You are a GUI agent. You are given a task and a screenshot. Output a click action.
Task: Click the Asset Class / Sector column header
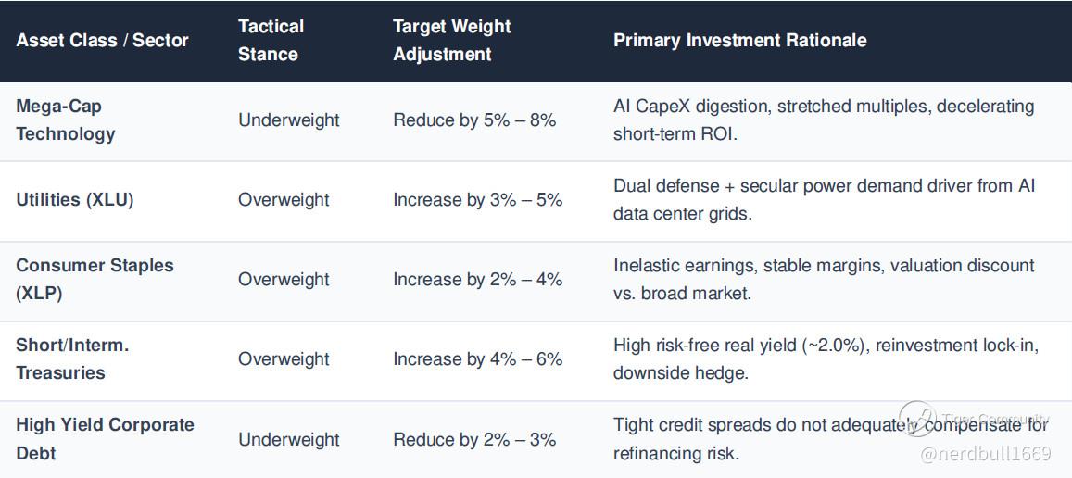click(x=102, y=40)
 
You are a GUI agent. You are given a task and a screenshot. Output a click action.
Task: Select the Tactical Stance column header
click(x=271, y=40)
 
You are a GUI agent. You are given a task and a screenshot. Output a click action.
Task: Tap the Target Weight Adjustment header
click(x=451, y=40)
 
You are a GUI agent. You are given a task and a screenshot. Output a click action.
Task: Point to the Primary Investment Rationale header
click(x=739, y=40)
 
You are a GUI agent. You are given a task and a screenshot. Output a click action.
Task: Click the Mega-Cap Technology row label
click(x=66, y=119)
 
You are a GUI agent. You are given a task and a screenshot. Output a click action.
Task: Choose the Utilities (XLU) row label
click(x=75, y=200)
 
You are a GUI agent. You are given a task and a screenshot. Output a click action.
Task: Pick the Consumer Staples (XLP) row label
click(x=95, y=279)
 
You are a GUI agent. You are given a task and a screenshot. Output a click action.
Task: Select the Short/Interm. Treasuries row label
click(x=72, y=359)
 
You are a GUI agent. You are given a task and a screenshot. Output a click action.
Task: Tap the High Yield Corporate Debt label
click(x=106, y=439)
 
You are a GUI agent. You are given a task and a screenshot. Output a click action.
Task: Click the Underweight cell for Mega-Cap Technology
click(x=288, y=119)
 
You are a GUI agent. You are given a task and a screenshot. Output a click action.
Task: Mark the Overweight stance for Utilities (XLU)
click(x=284, y=200)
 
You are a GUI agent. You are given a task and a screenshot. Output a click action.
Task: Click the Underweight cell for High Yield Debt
click(x=288, y=439)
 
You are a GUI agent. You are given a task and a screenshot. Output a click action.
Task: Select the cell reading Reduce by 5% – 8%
click(x=474, y=119)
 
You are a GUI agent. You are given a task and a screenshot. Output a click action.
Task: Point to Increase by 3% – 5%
click(x=477, y=200)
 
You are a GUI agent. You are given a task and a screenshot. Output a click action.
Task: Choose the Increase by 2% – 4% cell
click(x=477, y=279)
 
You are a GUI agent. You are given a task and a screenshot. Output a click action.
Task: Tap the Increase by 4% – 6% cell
click(x=477, y=359)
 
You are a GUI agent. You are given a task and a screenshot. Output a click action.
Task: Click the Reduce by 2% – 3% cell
click(x=474, y=439)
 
